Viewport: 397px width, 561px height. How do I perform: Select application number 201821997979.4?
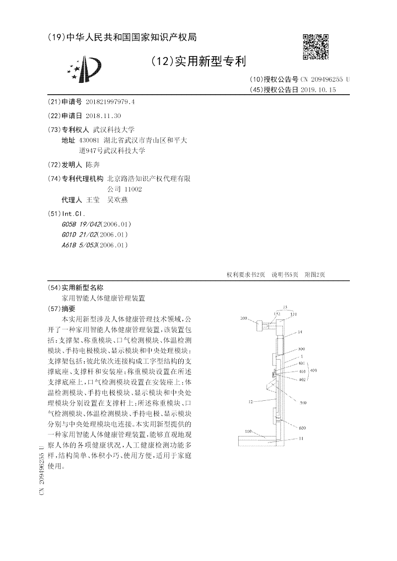[110, 102]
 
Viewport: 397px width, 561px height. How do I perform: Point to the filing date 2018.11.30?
[103, 116]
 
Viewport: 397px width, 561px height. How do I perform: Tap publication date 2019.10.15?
[319, 90]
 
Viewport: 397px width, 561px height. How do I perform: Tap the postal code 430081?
[89, 141]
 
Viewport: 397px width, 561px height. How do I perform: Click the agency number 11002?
[133, 189]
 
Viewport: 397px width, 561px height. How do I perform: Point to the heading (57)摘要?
[64, 308]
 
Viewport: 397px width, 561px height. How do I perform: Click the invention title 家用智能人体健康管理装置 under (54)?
[103, 298]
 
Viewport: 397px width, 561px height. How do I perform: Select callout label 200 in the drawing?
[244, 318]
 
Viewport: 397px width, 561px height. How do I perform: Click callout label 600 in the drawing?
[302, 427]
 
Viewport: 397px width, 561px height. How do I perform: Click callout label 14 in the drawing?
[300, 332]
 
